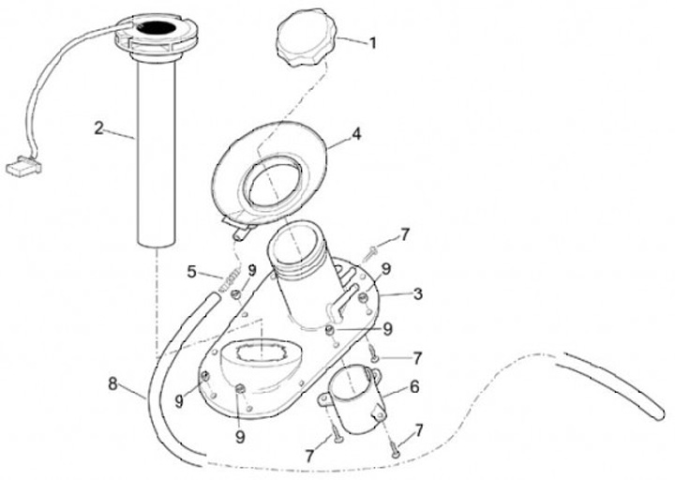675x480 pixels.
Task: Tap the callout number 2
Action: click(98, 127)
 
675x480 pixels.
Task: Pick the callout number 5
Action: click(191, 274)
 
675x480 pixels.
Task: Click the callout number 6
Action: click(414, 385)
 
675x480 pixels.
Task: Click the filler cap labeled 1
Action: click(302, 44)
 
